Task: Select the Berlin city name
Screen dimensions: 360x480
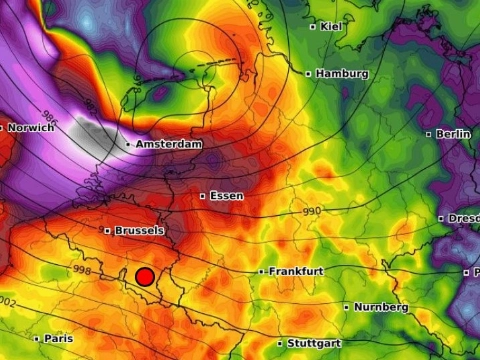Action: coord(454,134)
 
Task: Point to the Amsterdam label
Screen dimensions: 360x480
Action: coord(169,145)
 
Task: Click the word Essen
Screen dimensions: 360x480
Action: coord(227,196)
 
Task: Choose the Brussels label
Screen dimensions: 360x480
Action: coord(139,230)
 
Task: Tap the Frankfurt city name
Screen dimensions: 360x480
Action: coord(297,271)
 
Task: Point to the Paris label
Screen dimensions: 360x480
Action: coord(58,339)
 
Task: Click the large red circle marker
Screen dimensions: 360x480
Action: coord(145,276)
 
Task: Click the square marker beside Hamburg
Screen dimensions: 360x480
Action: coord(309,74)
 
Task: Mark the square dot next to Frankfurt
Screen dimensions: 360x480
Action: coord(262,271)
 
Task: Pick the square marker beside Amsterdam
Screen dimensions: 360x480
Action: coord(129,145)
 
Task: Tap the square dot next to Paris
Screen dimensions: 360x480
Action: coord(37,339)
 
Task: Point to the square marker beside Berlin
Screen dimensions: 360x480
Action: coord(429,134)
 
